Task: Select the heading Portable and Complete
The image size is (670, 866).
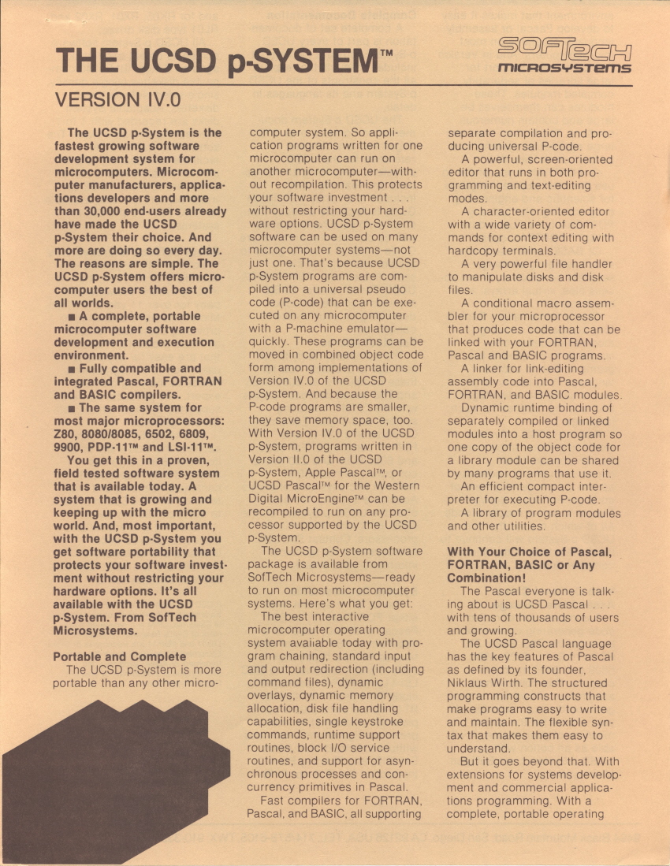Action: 119,656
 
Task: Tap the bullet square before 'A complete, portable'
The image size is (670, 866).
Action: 72,317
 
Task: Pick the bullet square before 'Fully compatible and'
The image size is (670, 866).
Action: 72,369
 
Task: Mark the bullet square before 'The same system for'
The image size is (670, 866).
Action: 72,408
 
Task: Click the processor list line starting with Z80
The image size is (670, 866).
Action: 134,434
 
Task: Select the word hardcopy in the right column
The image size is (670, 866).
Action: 475,250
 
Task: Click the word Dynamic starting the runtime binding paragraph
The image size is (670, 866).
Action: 484,407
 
